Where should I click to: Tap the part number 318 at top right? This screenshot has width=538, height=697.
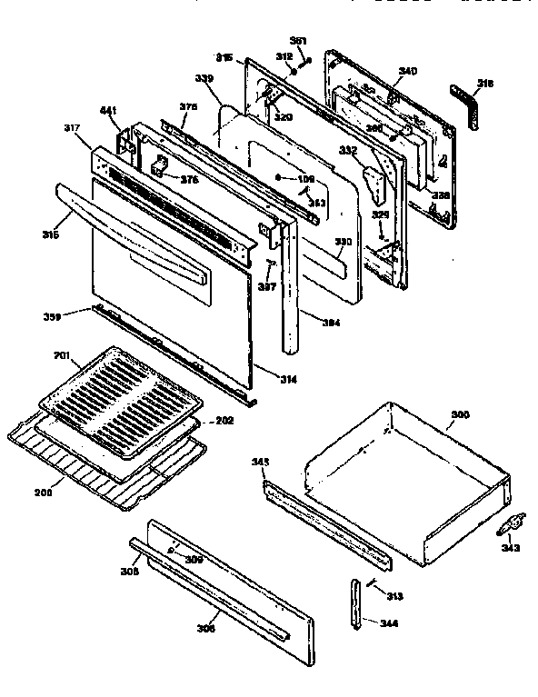486,84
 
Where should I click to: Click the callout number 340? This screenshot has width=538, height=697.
408,72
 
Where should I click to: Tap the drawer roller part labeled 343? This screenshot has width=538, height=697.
512,523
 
